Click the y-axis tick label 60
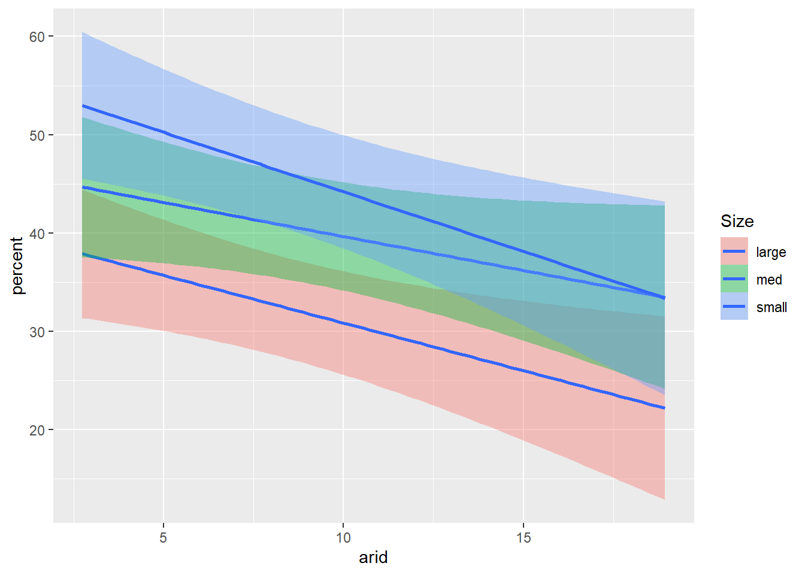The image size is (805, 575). click(37, 37)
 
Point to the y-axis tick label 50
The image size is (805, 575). click(37, 135)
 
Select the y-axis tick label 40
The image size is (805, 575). click(37, 234)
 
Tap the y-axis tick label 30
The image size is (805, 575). click(37, 332)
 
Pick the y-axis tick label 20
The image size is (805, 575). click(37, 430)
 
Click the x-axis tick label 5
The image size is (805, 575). click(163, 538)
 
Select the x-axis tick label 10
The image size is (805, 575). click(343, 538)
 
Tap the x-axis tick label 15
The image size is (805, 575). click(523, 538)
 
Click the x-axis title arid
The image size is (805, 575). click(373, 558)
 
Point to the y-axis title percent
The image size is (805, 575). click(17, 265)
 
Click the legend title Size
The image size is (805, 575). click(737, 222)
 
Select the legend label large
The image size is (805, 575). click(771, 252)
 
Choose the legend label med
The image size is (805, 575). click(769, 280)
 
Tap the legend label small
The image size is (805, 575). click(771, 307)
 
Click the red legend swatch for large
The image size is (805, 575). click(734, 252)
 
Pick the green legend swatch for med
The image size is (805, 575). click(734, 279)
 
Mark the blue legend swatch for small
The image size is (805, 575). click(734, 307)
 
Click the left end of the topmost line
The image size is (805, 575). click(83, 105)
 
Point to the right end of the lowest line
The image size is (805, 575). click(664, 408)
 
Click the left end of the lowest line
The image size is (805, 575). click(83, 255)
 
